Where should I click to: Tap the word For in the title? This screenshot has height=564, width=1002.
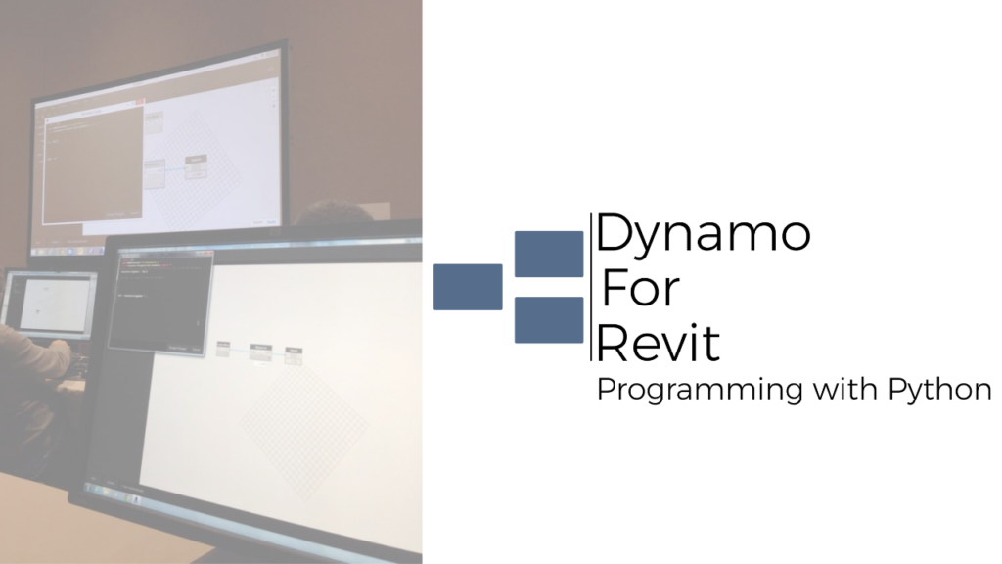(641, 289)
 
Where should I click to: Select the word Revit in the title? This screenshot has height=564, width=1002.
(659, 343)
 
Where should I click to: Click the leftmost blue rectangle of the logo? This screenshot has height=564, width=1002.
(468, 287)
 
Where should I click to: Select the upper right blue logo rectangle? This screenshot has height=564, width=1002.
(549, 254)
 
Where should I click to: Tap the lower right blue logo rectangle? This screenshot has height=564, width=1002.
(549, 320)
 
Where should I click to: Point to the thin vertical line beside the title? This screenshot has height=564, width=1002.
(591, 287)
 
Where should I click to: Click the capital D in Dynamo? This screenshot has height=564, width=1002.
(614, 233)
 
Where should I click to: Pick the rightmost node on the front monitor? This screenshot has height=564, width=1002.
(294, 356)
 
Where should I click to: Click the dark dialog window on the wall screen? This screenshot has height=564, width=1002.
(93, 164)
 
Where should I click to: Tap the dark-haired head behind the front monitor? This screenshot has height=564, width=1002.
(334, 212)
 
